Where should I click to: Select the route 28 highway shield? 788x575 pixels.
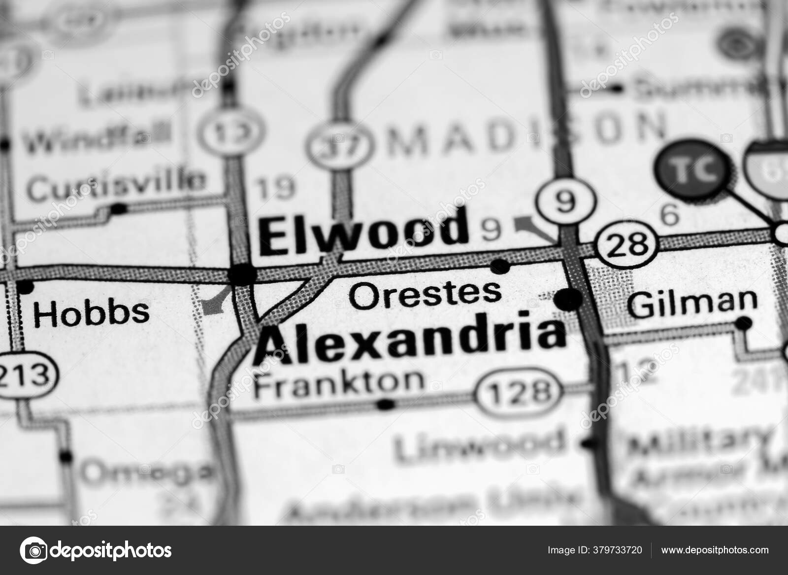[626, 243]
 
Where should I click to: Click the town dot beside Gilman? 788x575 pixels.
[743, 324]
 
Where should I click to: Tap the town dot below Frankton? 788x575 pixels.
[386, 405]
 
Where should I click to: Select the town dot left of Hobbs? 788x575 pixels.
[24, 286]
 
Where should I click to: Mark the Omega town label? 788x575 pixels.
[146, 472]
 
